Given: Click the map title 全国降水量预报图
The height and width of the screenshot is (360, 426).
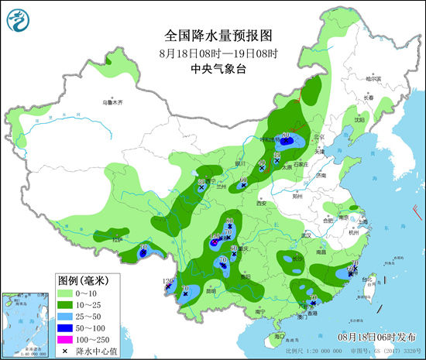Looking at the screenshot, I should [x=218, y=36].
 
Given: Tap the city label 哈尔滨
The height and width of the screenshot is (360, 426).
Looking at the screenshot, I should [x=374, y=79].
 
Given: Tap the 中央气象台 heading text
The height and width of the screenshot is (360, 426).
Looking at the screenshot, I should [x=217, y=68].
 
